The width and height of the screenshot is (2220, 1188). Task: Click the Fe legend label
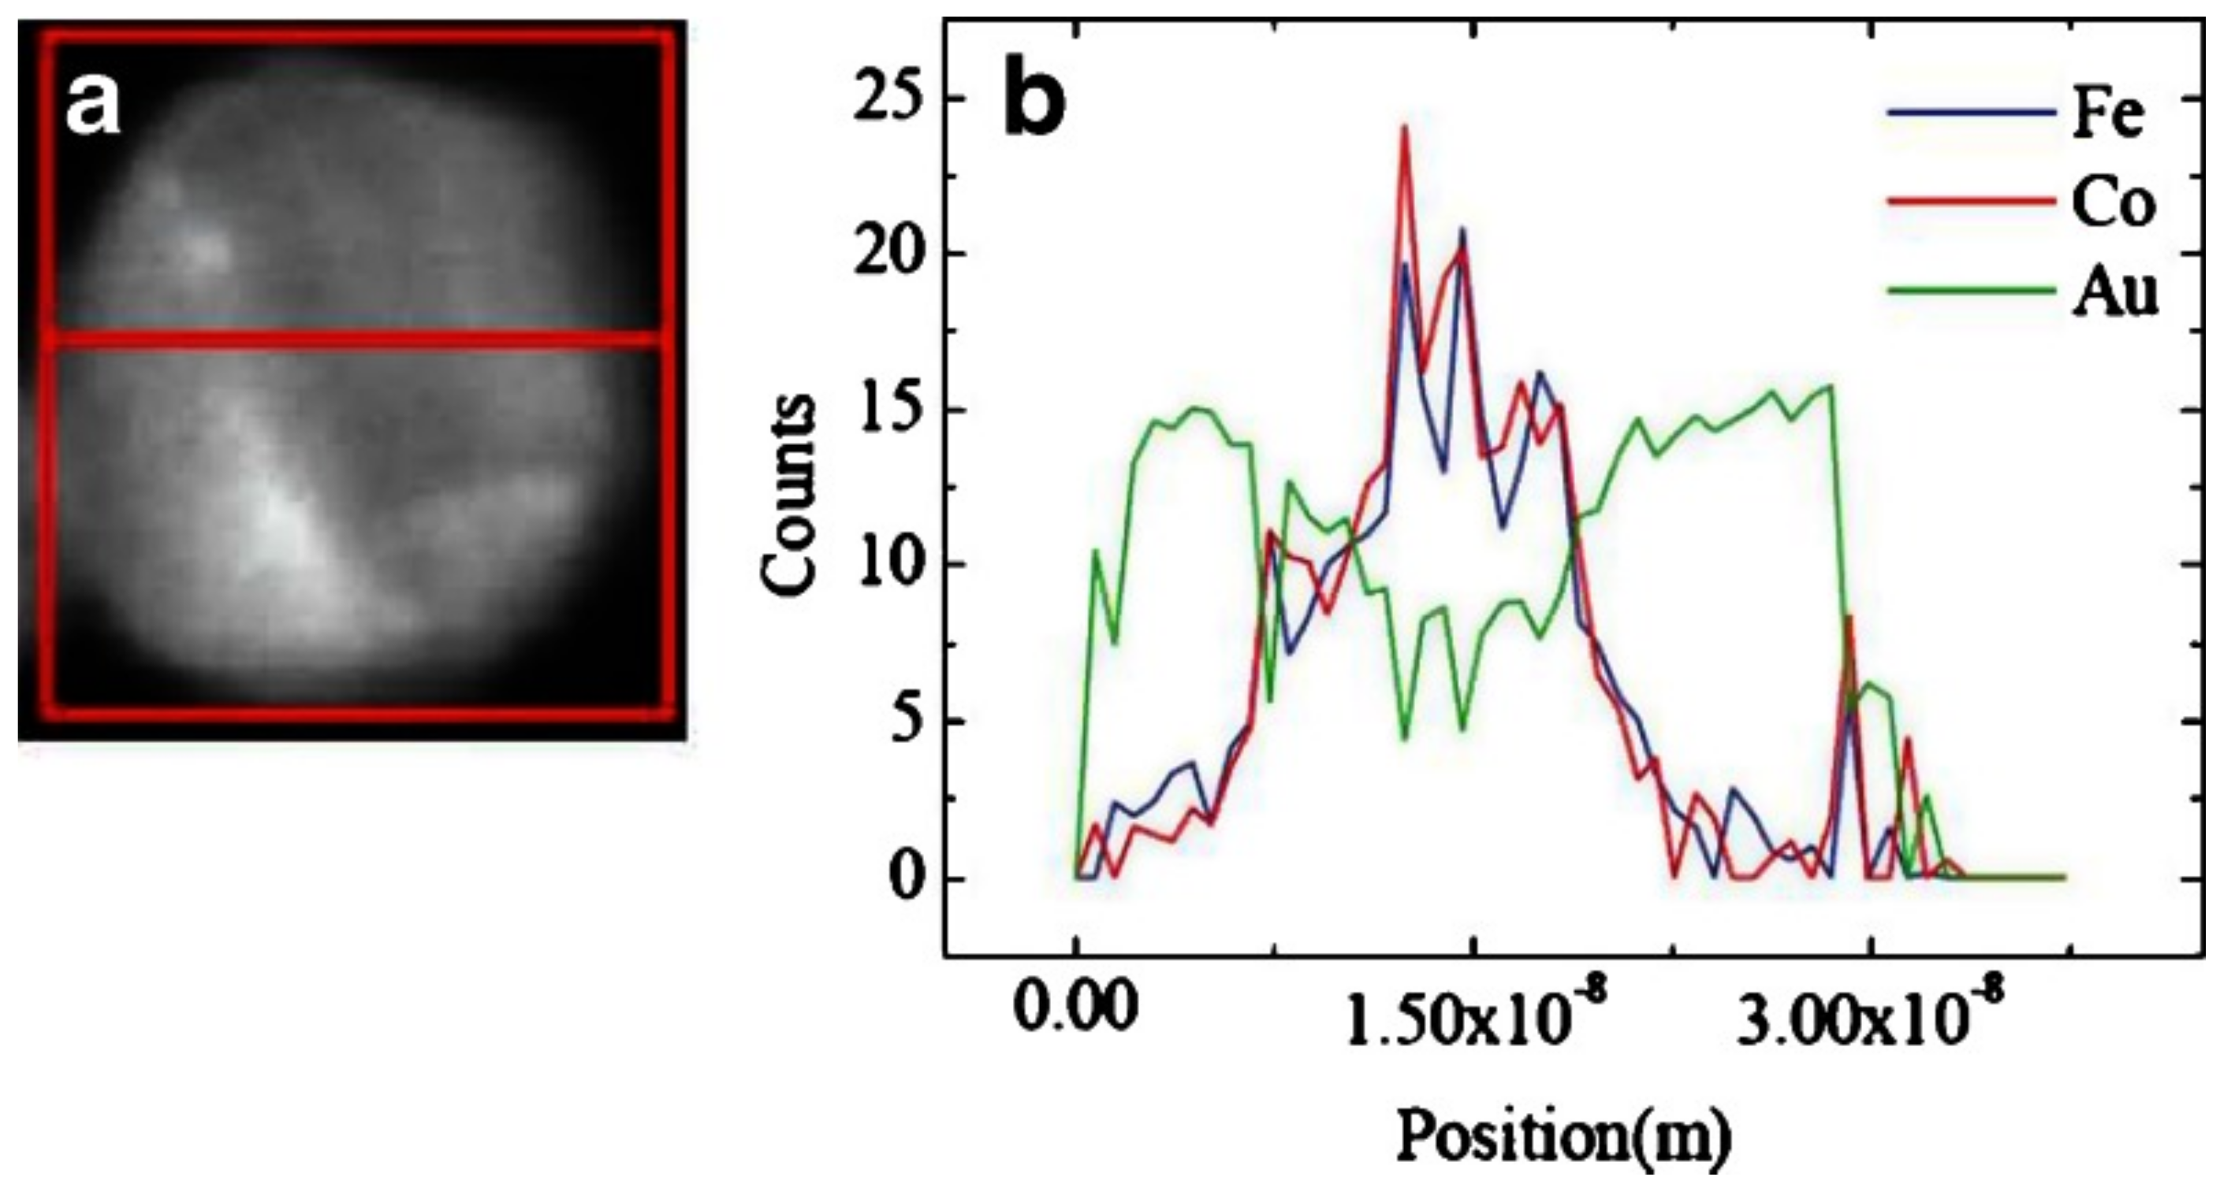click(2106, 117)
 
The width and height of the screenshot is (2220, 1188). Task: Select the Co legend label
click(2112, 205)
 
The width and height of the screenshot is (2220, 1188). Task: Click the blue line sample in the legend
click(1969, 136)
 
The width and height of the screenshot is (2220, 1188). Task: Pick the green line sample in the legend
click(1969, 291)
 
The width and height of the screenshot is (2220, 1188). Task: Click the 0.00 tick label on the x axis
click(1075, 1008)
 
